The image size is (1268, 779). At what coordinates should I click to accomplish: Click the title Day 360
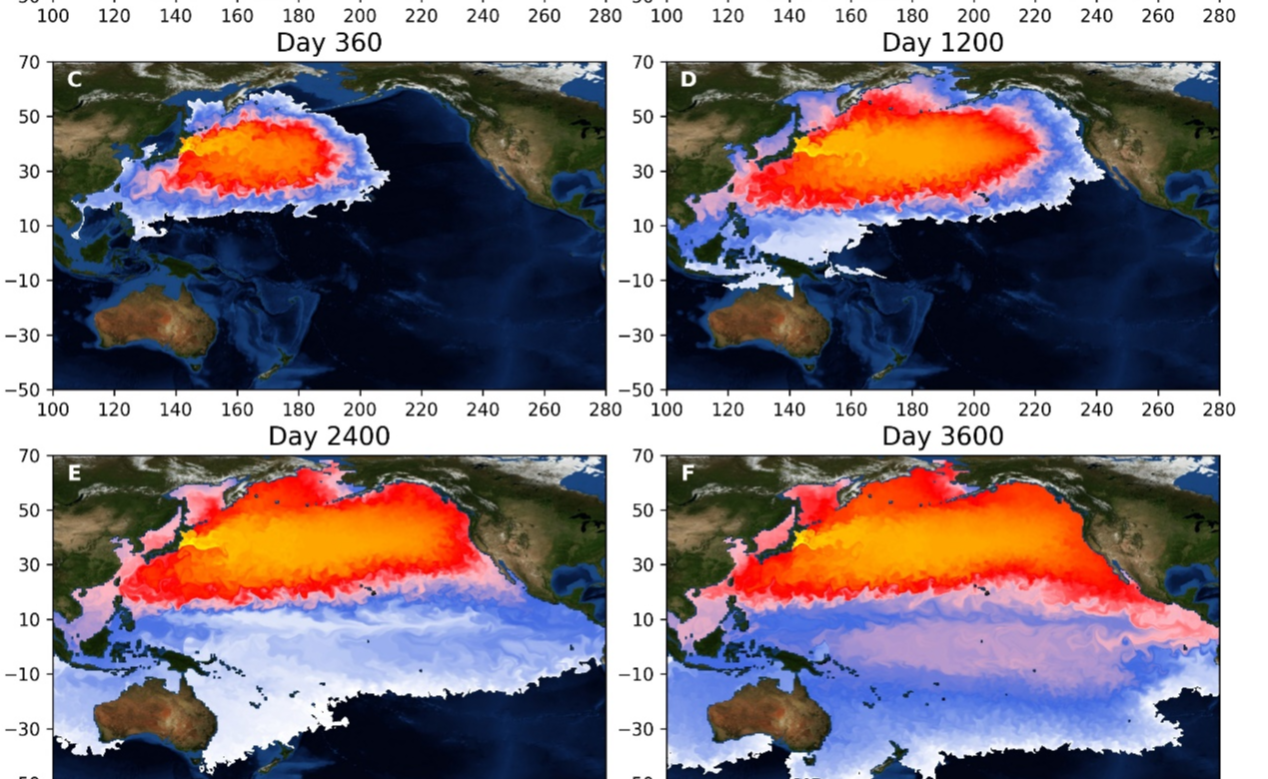coord(329,43)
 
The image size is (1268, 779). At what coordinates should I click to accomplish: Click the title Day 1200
coord(942,43)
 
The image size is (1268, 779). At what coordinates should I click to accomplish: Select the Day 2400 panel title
coord(329,436)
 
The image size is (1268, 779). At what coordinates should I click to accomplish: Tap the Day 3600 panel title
coord(942,436)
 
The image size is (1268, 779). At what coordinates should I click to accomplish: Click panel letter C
coord(74,79)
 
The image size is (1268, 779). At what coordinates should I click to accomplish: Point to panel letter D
coord(687,79)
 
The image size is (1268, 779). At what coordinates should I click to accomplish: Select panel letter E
coord(74,472)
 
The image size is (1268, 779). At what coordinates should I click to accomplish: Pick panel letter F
coord(687,472)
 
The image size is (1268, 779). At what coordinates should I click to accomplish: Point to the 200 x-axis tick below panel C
coord(360,409)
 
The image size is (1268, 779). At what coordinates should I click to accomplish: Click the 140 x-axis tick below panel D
coord(789,409)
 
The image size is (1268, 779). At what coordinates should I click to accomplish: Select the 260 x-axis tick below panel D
coord(1158,409)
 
